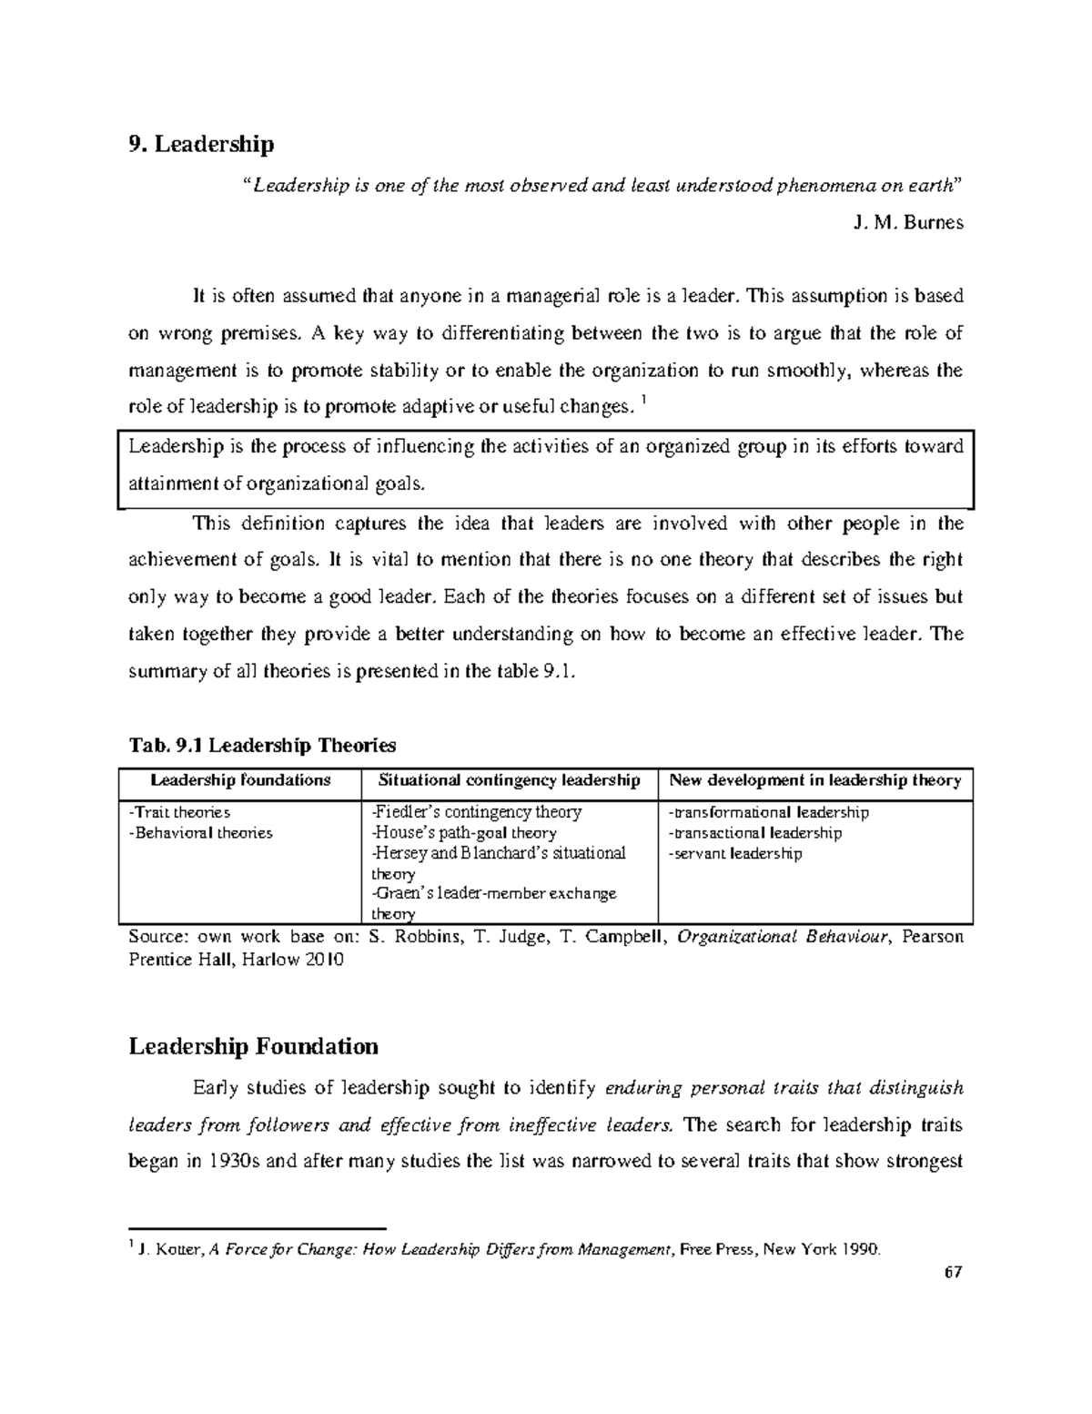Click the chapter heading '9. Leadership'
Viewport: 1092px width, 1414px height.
pyautogui.click(x=201, y=144)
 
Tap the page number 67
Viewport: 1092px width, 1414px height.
pyautogui.click(x=953, y=1273)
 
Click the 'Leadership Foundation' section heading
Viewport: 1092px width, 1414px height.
pyautogui.click(x=253, y=1046)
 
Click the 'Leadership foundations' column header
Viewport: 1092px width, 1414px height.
pyautogui.click(x=240, y=780)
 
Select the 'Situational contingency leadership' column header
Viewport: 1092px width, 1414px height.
pyautogui.click(x=509, y=780)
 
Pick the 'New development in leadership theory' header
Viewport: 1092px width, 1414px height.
pyautogui.click(x=814, y=780)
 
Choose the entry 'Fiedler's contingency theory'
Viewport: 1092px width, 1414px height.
pyautogui.click(x=477, y=811)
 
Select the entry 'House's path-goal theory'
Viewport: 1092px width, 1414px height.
pyautogui.click(x=464, y=832)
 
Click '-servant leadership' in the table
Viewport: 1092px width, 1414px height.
pyautogui.click(x=734, y=853)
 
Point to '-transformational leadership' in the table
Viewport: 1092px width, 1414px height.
pyautogui.click(x=768, y=811)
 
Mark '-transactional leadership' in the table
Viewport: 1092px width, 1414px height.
pyautogui.click(x=754, y=832)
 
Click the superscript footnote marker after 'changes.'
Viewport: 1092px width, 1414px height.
pyautogui.click(x=644, y=402)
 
